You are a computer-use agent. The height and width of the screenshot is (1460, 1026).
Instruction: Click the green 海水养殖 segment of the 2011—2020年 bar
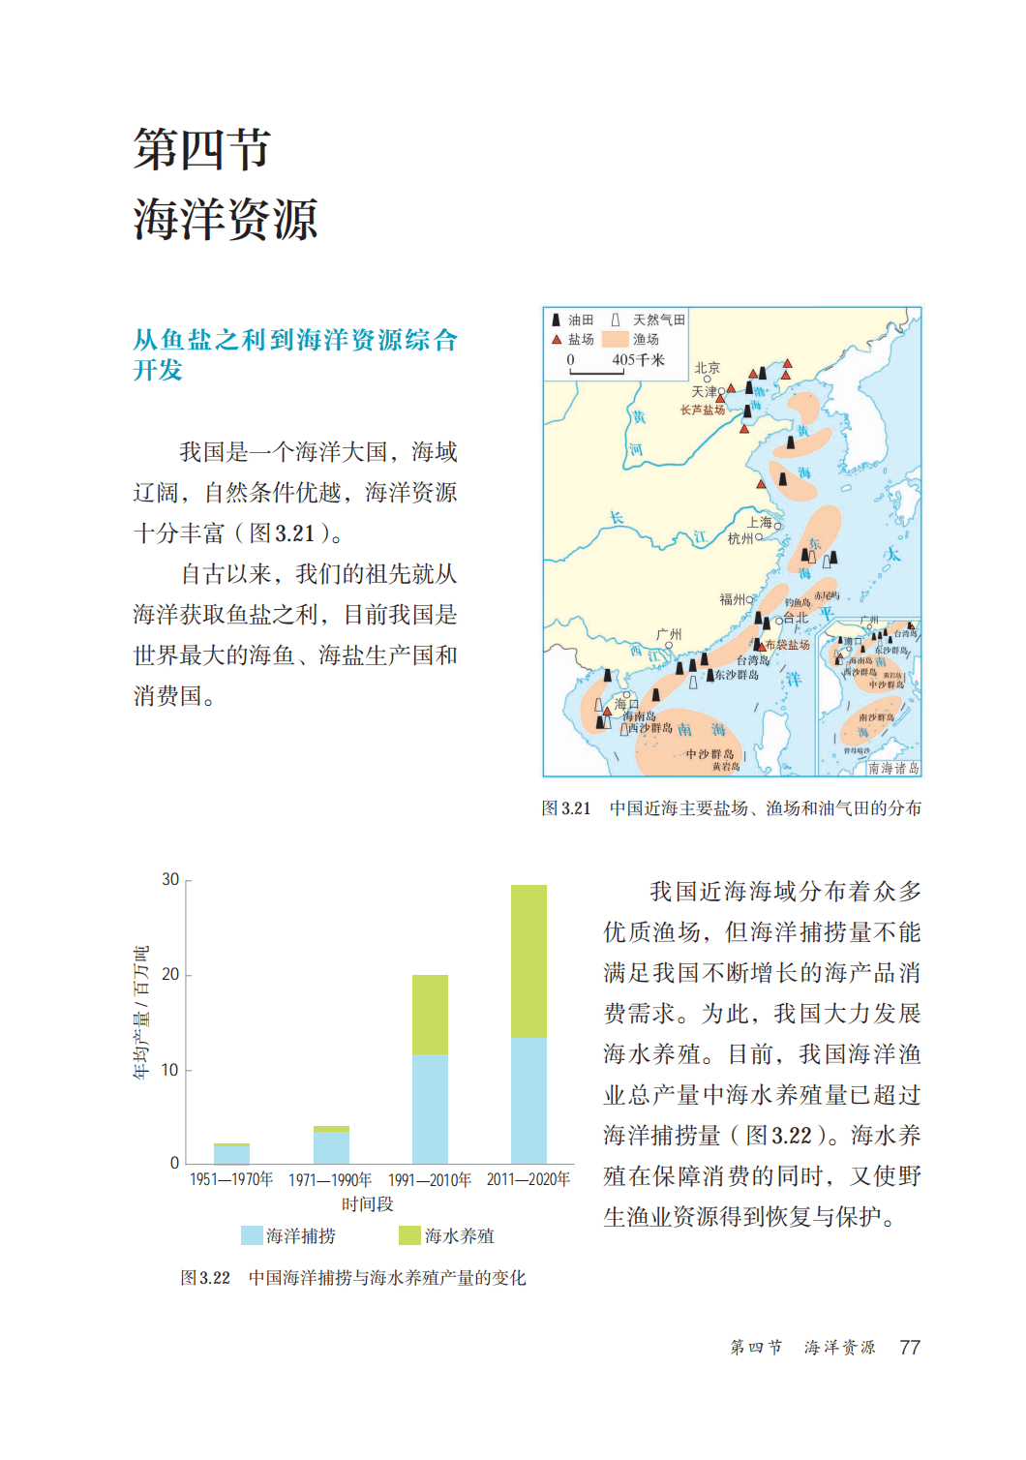pyautogui.click(x=528, y=960)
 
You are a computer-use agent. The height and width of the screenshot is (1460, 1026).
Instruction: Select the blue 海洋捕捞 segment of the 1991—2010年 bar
pyautogui.click(x=430, y=1109)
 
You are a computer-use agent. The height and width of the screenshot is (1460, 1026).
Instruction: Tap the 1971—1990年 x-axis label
pyautogui.click(x=330, y=1179)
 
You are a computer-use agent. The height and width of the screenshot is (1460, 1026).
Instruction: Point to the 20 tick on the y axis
pyautogui.click(x=171, y=974)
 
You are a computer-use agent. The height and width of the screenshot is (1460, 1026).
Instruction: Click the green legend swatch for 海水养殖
pyautogui.click(x=409, y=1235)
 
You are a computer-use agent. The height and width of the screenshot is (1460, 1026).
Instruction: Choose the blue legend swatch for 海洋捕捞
pyautogui.click(x=252, y=1235)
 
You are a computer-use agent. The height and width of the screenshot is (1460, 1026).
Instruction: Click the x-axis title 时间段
pyautogui.click(x=368, y=1203)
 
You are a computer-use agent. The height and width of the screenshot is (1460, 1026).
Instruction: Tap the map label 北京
pyautogui.click(x=708, y=368)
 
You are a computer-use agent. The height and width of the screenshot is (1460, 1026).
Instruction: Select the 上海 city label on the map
pyautogui.click(x=760, y=522)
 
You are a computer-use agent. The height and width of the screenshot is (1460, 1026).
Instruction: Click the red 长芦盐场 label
pyautogui.click(x=703, y=411)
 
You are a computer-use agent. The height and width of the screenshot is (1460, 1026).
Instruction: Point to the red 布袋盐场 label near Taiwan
pyautogui.click(x=788, y=645)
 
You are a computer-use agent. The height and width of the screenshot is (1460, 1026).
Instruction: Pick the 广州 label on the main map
pyautogui.click(x=669, y=634)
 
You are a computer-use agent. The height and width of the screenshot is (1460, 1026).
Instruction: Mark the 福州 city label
pyautogui.click(x=733, y=599)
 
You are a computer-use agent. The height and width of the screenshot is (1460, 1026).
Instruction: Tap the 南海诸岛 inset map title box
pyautogui.click(x=892, y=768)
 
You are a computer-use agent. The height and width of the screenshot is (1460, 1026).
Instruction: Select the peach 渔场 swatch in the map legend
pyautogui.click(x=616, y=339)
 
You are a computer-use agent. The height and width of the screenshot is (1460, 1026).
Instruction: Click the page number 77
pyautogui.click(x=910, y=1347)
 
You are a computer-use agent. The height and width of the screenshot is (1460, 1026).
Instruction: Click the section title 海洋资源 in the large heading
pyautogui.click(x=226, y=219)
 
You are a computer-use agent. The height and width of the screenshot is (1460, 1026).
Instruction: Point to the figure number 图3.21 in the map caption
pyautogui.click(x=566, y=808)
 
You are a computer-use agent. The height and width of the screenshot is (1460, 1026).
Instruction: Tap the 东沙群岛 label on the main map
pyautogui.click(x=737, y=675)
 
